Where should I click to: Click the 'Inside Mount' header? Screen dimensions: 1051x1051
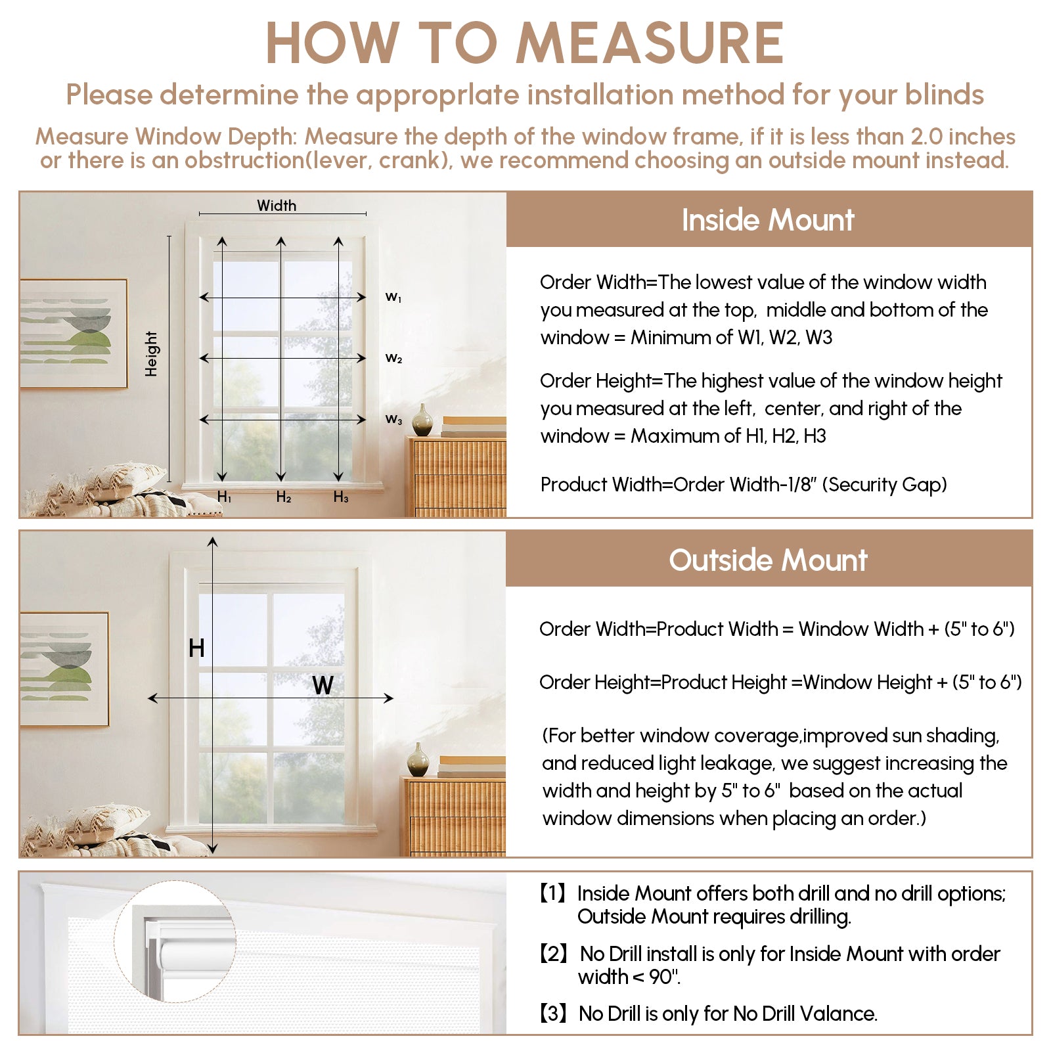click(x=768, y=220)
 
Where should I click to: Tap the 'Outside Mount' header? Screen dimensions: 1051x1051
click(x=768, y=560)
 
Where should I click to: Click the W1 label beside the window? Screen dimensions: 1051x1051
click(x=393, y=298)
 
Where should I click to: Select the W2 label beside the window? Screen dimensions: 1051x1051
click(x=393, y=359)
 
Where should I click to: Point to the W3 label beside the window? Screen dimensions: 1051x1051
click(x=393, y=419)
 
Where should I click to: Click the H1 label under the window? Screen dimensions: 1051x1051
click(x=224, y=497)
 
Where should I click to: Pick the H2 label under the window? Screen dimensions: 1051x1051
click(x=283, y=497)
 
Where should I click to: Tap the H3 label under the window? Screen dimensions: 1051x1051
click(x=340, y=497)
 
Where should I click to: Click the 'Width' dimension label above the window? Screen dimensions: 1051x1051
click(x=277, y=206)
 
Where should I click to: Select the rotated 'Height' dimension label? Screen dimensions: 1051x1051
click(x=152, y=353)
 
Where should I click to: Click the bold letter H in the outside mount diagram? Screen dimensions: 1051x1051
click(x=196, y=648)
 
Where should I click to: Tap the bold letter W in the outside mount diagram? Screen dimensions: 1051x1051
click(x=323, y=686)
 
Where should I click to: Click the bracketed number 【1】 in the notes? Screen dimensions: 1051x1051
click(x=553, y=893)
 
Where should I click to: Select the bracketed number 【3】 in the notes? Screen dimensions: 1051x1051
click(x=553, y=1014)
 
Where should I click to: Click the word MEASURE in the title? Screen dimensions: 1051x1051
click(x=650, y=43)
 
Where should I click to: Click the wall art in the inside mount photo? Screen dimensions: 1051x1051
click(x=73, y=334)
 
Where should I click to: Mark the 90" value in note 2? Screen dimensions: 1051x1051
click(x=664, y=977)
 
